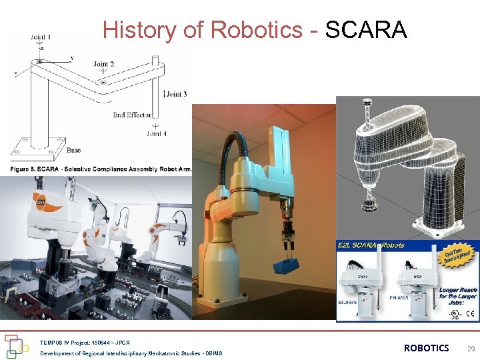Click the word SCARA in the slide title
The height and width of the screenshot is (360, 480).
click(366, 29)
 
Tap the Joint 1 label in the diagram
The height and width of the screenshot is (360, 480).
click(40, 37)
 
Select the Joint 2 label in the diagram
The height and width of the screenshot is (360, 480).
click(103, 65)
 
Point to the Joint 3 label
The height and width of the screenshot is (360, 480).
click(177, 94)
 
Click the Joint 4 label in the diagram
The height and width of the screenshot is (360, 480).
click(157, 133)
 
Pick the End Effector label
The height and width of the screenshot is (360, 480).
click(129, 115)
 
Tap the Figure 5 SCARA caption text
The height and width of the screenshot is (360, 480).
click(100, 169)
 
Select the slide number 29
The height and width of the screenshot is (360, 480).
click(471, 348)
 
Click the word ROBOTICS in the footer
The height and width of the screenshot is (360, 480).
click(426, 348)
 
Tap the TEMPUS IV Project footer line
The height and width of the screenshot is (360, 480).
click(85, 342)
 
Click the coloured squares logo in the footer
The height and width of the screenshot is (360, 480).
click(17, 346)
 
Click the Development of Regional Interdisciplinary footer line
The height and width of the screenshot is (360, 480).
click(131, 353)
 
